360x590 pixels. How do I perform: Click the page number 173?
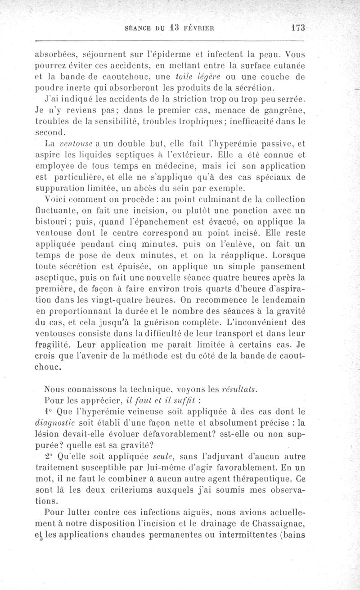[298, 27]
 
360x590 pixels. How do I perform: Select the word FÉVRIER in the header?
[199, 27]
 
